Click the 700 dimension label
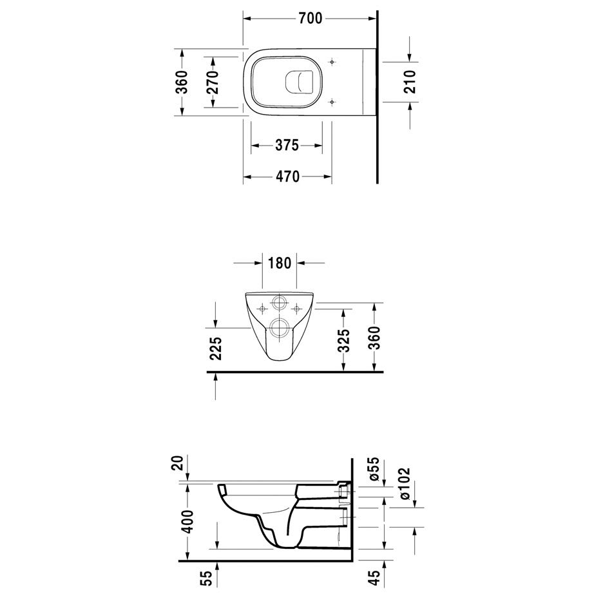[311, 19]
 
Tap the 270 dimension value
[213, 82]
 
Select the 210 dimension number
[410, 81]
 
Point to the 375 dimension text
[287, 145]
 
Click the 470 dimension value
[287, 177]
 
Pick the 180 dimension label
[280, 262]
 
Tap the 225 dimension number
[215, 348]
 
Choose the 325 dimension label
[343, 341]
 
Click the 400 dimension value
[187, 522]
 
